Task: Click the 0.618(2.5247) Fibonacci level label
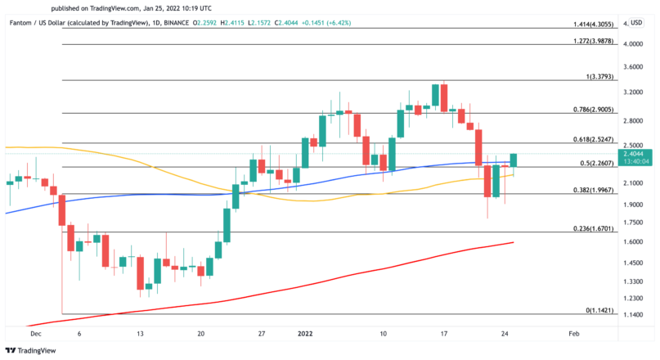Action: (594, 140)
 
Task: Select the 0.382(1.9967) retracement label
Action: (594, 190)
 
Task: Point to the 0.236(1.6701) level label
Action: (594, 228)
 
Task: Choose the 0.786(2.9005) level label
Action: (594, 109)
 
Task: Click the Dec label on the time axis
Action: (34, 335)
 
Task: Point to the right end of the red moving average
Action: (514, 242)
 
